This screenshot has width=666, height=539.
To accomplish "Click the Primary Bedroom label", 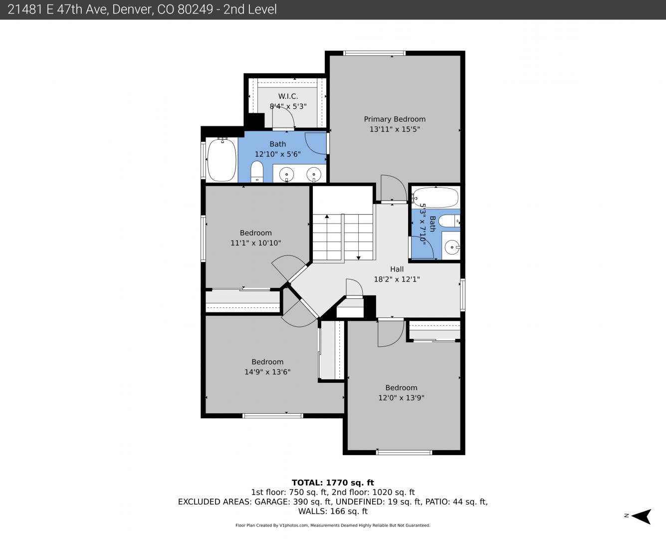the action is pyautogui.click(x=395, y=119).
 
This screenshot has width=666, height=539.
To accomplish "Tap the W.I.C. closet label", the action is pyautogui.click(x=288, y=96).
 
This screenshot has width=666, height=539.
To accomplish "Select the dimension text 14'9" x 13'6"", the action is pyautogui.click(x=267, y=372).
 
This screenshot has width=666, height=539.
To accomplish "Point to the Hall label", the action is pyautogui.click(x=397, y=269).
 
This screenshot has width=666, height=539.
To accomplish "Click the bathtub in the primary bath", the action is pyautogui.click(x=222, y=160).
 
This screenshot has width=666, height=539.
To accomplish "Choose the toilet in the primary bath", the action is pyautogui.click(x=257, y=171).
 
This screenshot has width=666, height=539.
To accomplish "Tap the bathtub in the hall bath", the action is pyautogui.click(x=435, y=198).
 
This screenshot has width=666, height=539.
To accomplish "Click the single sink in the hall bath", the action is pyautogui.click(x=452, y=248).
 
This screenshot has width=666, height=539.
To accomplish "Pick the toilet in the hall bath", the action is pyautogui.click(x=449, y=221).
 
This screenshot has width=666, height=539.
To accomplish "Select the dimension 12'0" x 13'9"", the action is pyautogui.click(x=401, y=398).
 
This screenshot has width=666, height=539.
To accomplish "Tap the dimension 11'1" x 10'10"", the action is pyautogui.click(x=256, y=243).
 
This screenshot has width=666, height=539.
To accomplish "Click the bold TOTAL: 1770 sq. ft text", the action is pyautogui.click(x=333, y=483).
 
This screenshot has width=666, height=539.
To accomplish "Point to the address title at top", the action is pyautogui.click(x=142, y=9).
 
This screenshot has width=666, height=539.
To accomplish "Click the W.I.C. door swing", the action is pyautogui.click(x=283, y=117).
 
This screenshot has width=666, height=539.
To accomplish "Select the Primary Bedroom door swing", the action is pyautogui.click(x=394, y=188).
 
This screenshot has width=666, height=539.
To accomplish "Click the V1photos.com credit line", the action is pyautogui.click(x=333, y=526).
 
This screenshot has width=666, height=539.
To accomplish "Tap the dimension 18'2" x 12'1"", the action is pyautogui.click(x=397, y=279).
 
